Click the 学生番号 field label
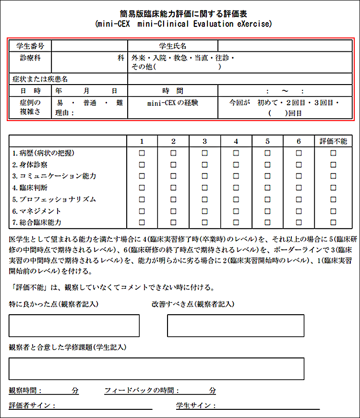30,46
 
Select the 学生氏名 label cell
173,46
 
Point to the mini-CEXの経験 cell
173,103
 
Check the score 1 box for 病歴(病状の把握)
142,153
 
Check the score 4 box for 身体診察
236,165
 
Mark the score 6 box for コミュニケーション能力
299,176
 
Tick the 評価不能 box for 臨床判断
333,188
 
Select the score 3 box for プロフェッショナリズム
204,199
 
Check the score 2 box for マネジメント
173,211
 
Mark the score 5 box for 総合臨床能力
267,222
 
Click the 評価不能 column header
333,141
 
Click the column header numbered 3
204,141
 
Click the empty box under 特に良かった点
74,325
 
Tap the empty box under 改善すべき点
235,325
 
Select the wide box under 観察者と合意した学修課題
156,369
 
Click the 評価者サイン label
32,406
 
